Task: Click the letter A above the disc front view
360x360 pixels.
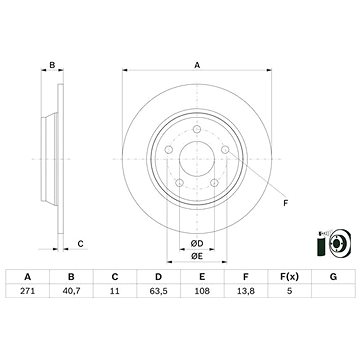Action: (197, 65)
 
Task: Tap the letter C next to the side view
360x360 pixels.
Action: (80, 243)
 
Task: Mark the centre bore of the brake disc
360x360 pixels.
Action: (197, 158)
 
